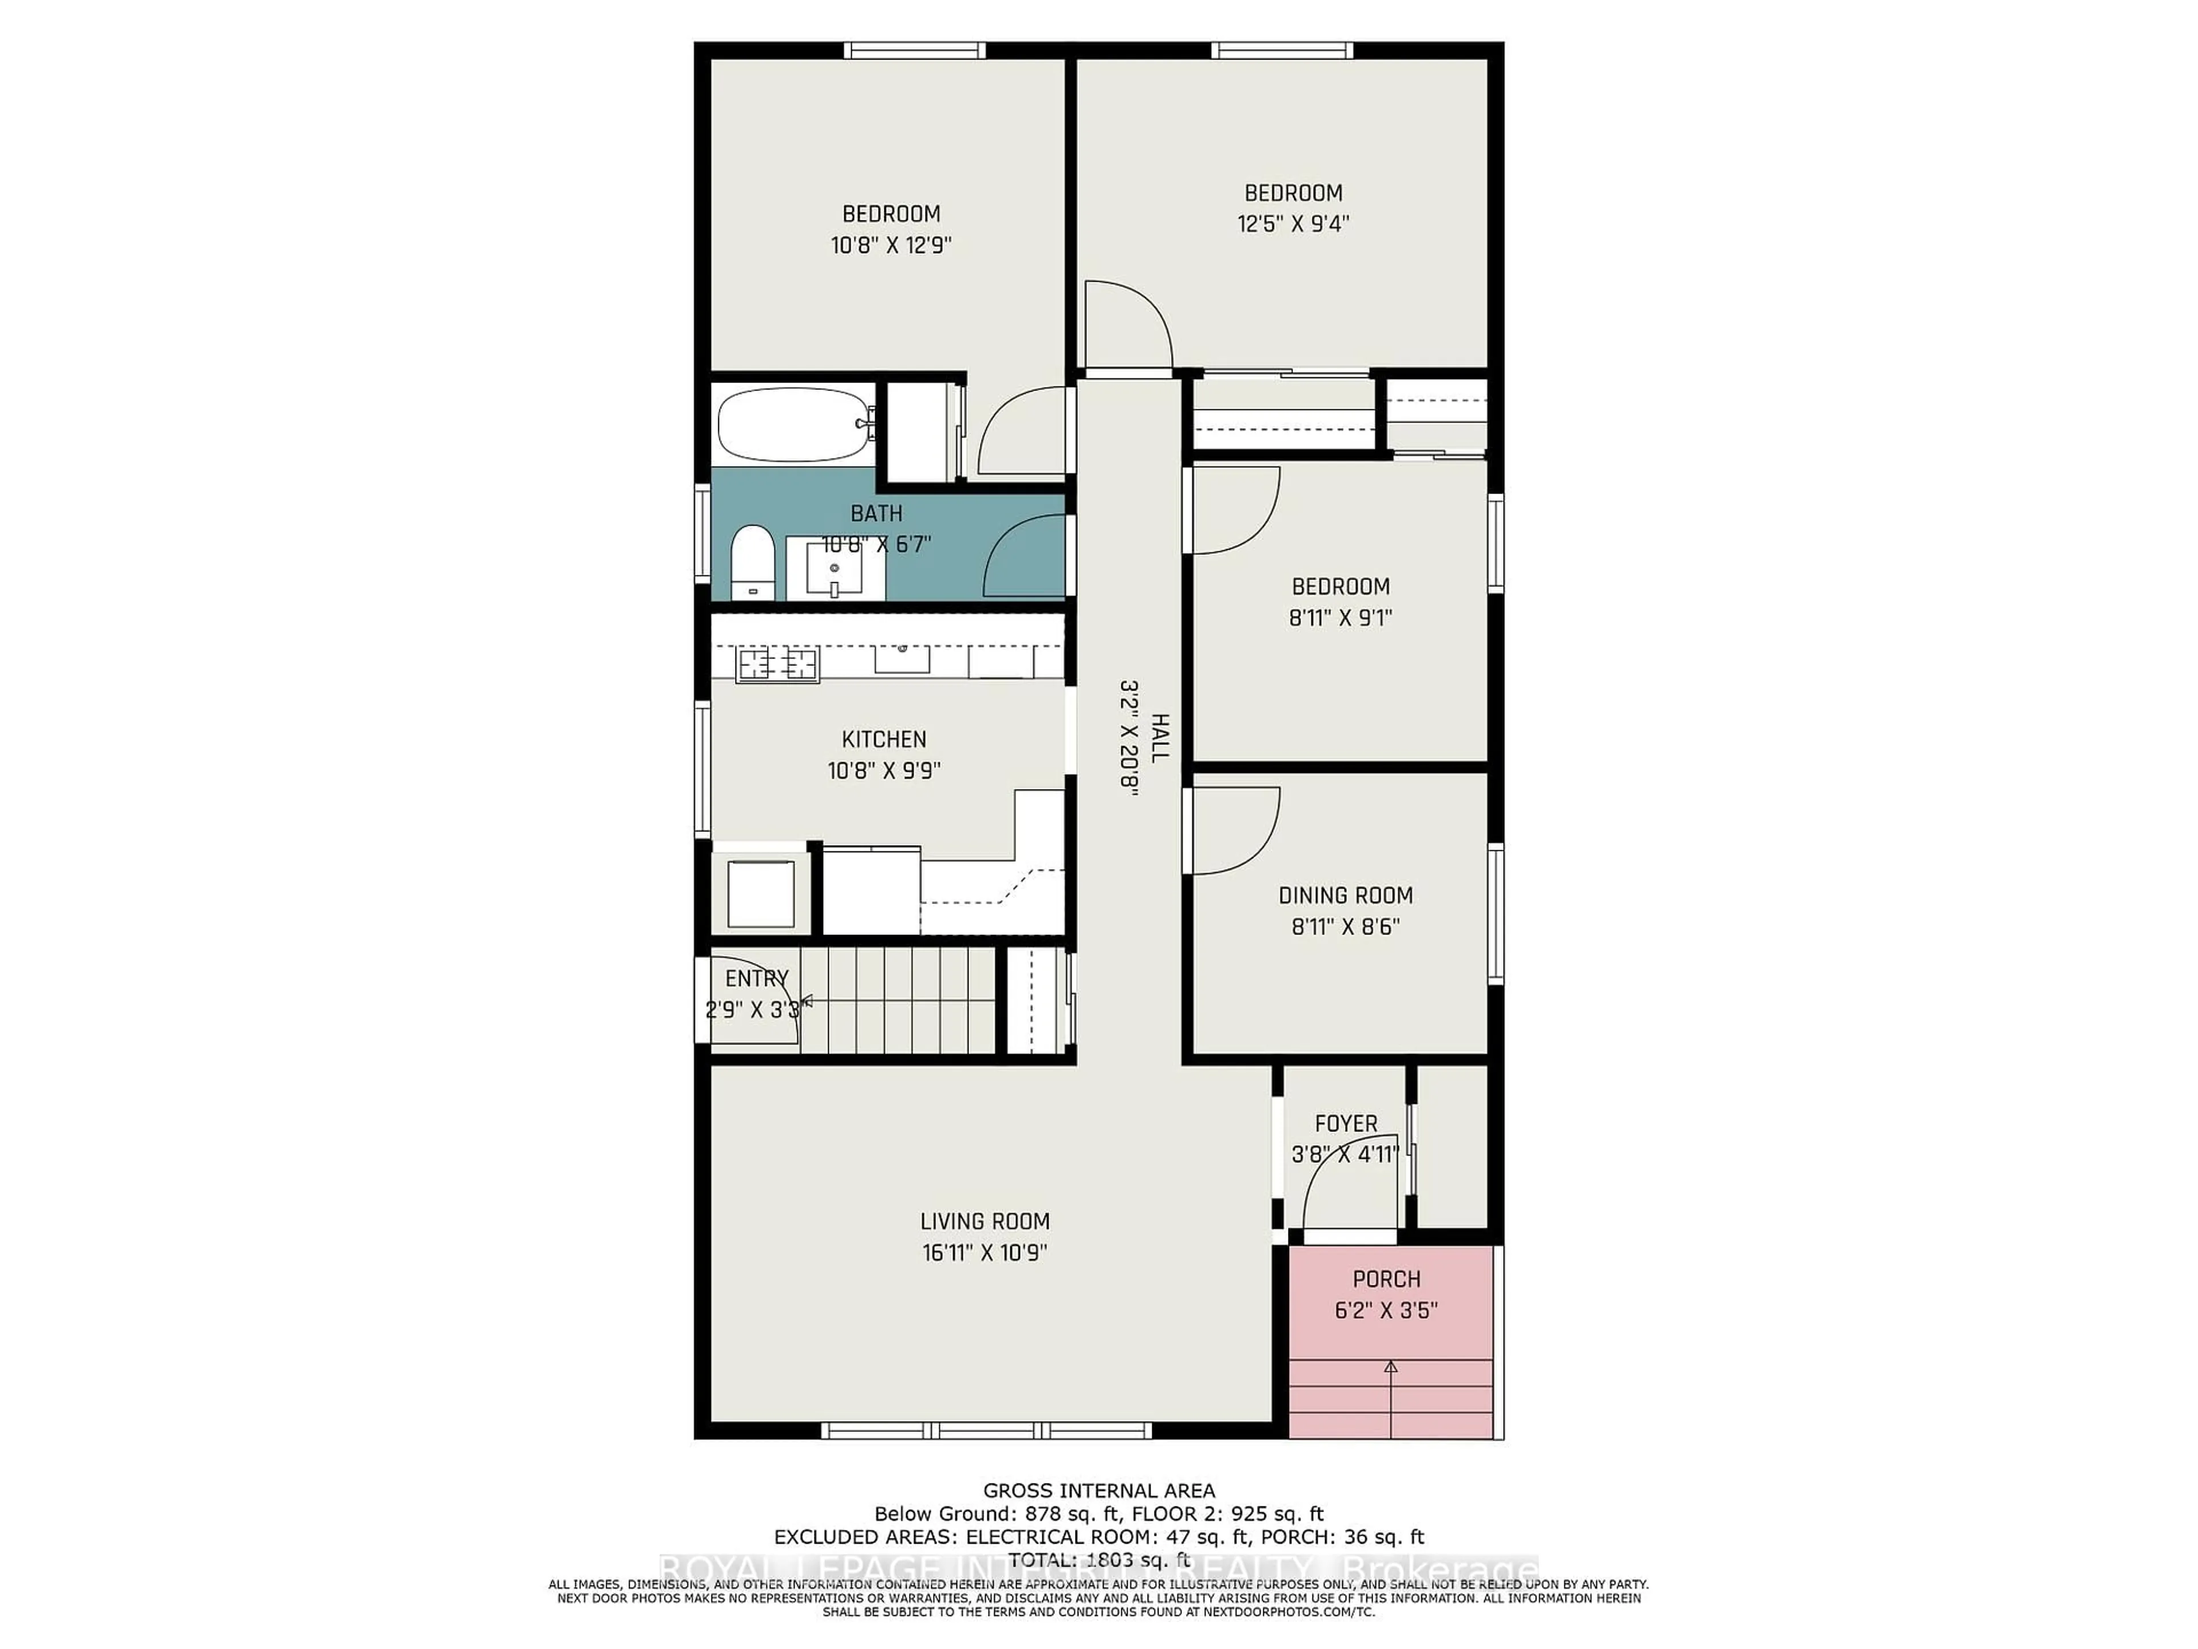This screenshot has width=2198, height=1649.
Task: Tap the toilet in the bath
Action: pyautogui.click(x=752, y=563)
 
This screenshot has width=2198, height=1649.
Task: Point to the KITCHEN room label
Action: pyautogui.click(x=883, y=740)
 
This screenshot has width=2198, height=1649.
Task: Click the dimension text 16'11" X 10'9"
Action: pyautogui.click(x=984, y=1252)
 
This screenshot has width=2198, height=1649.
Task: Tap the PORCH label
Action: pyautogui.click(x=1386, y=1279)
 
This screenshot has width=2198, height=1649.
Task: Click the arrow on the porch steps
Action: pyautogui.click(x=1391, y=1368)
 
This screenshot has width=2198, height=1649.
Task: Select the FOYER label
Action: pyautogui.click(x=1346, y=1123)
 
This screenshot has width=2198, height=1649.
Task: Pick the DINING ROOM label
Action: pyautogui.click(x=1346, y=895)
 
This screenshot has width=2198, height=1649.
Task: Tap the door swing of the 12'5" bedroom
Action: pyautogui.click(x=1128, y=326)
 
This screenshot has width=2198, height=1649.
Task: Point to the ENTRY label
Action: pyautogui.click(x=756, y=978)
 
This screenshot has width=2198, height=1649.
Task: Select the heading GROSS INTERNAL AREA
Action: pyautogui.click(x=1098, y=1491)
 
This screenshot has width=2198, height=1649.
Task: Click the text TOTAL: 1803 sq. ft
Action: pyautogui.click(x=1098, y=1560)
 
